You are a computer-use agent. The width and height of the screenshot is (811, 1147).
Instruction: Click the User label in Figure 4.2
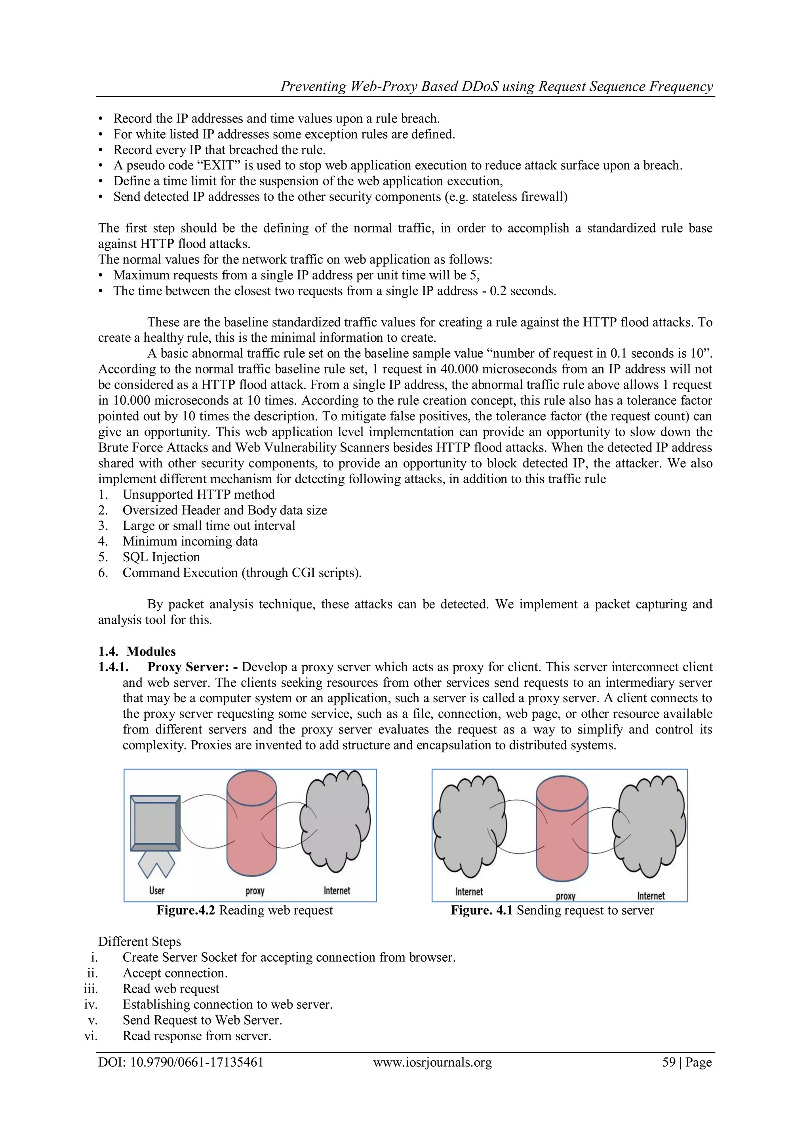click(156, 890)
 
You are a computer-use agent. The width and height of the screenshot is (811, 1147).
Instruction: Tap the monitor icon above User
click(155, 823)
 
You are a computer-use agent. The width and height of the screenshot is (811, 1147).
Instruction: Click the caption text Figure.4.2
click(185, 910)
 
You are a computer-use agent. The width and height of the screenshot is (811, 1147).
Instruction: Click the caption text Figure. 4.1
click(482, 910)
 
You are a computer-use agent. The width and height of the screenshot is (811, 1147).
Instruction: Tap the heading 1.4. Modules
click(137, 652)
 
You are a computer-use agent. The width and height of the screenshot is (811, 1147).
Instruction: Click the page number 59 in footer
click(669, 1062)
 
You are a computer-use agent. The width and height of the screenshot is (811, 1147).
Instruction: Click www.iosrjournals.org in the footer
click(432, 1062)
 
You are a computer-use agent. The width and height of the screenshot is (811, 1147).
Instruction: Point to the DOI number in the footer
click(196, 1062)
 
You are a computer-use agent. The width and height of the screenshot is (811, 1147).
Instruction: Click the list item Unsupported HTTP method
click(198, 495)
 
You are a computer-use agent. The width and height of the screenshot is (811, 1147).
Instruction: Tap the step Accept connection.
click(175, 973)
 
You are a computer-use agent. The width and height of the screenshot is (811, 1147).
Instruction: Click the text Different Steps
click(139, 942)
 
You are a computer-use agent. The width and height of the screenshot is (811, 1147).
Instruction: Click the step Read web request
click(171, 989)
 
